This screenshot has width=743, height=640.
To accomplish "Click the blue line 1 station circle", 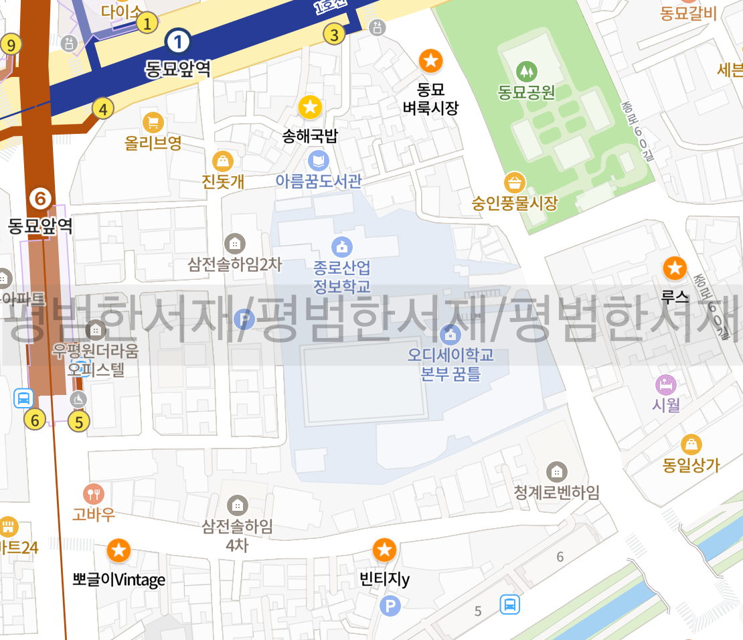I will [178, 42].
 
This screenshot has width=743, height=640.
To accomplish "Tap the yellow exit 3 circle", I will [335, 33].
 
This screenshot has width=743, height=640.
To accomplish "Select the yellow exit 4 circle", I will [102, 108].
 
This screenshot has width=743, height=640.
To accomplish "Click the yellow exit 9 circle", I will [11, 45].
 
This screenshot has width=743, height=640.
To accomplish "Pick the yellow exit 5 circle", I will [79, 422].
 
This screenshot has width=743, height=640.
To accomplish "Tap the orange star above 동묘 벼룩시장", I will [431, 61].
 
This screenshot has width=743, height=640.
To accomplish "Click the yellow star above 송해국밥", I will [310, 106].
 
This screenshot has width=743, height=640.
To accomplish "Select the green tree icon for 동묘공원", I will [527, 70].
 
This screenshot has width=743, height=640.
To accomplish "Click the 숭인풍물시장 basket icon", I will [515, 182].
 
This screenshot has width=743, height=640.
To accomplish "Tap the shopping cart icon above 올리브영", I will [153, 122].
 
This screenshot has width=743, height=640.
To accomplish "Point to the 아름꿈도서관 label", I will [319, 181].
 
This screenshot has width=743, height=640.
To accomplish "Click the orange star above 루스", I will [674, 268].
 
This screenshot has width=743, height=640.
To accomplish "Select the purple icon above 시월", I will [665, 385].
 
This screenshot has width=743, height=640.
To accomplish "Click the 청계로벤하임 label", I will [556, 492].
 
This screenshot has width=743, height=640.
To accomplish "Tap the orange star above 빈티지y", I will [384, 550].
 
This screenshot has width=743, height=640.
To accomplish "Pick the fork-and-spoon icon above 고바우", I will [94, 494].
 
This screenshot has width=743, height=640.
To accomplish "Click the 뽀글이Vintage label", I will [119, 579].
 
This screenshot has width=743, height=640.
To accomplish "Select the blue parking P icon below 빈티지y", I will [390, 607].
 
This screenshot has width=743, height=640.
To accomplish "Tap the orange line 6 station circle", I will [40, 198].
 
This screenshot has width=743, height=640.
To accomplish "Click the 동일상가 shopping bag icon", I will [691, 444].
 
